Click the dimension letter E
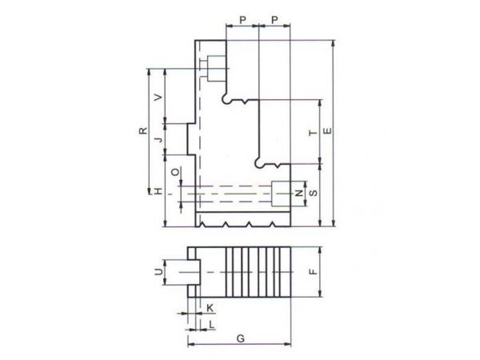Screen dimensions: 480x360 click(x=327, y=131)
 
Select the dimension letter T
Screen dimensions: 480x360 click(x=313, y=133)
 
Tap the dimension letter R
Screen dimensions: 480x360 click(x=143, y=130)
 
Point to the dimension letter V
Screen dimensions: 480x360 click(x=158, y=98)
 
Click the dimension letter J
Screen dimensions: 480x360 click(x=158, y=139)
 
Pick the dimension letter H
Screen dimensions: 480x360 click(x=158, y=192)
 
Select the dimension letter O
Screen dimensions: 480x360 click(x=175, y=172)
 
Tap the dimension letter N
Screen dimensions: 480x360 click(x=298, y=193)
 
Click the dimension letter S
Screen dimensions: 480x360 click(x=314, y=193)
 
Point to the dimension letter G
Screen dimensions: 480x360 click(x=241, y=338)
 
